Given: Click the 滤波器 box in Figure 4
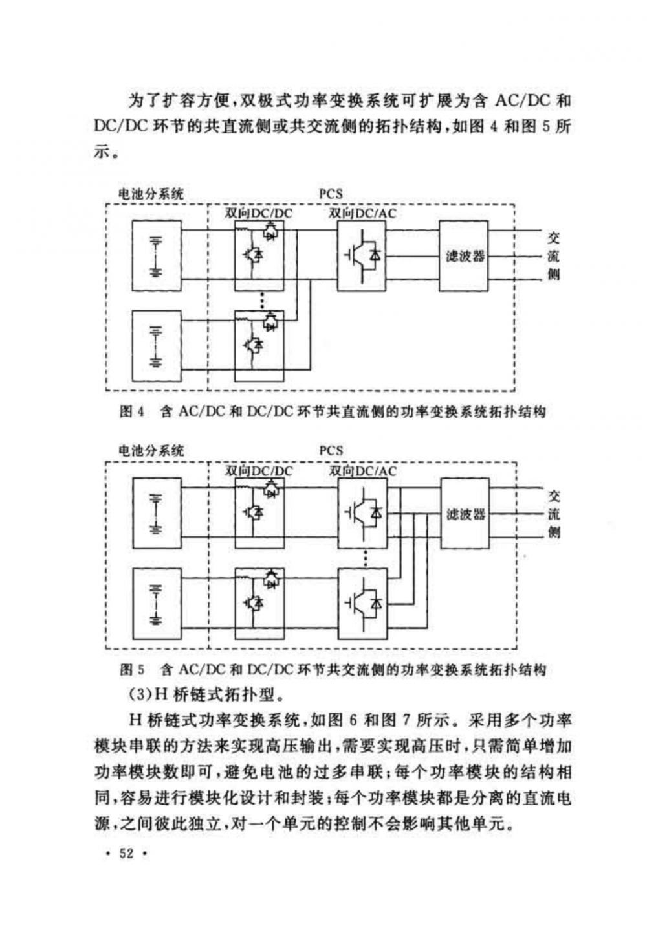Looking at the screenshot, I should point(464,256).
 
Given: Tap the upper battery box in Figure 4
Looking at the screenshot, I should point(156,257).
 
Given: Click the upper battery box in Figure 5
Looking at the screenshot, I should point(157,513).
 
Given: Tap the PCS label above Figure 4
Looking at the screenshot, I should point(331,194).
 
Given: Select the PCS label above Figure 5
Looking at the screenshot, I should point(331,451).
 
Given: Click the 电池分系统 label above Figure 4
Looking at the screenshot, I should point(150,194).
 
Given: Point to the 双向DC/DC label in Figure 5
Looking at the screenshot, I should point(258,471).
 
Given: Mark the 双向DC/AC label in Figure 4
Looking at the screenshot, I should point(362,213).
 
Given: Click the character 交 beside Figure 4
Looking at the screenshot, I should point(553,238).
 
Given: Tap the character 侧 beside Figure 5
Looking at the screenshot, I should point(554,532).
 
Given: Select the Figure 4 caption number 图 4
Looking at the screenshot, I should point(132,412).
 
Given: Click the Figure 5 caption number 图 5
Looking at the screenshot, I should point(132,669).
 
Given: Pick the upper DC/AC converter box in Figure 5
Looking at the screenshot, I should point(362,514).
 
